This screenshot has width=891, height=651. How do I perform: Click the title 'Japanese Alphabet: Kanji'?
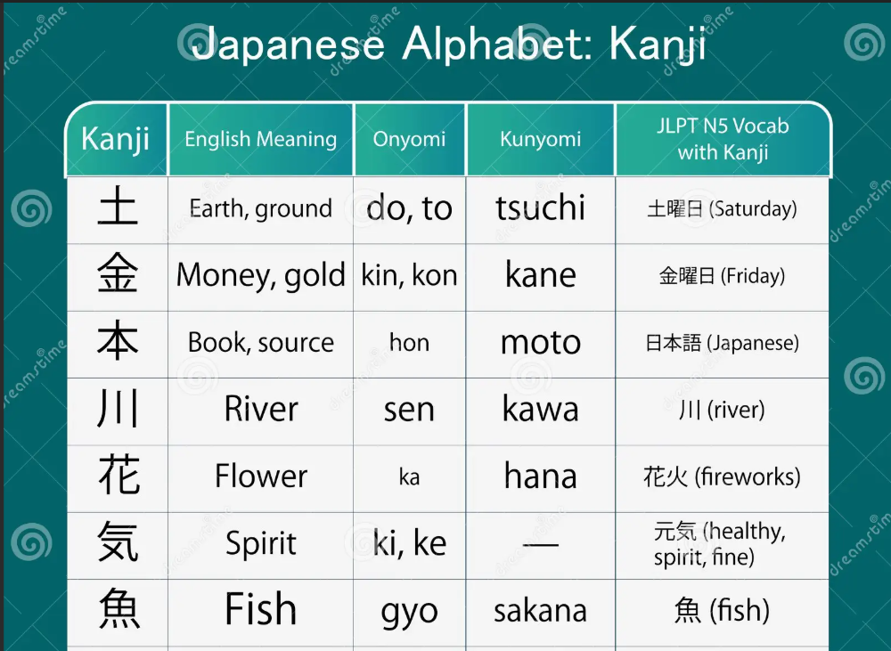tap(449, 43)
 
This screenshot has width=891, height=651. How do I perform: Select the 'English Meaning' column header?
tap(261, 139)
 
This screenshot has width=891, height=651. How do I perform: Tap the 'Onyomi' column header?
tap(409, 139)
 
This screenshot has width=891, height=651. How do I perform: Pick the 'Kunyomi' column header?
tap(541, 139)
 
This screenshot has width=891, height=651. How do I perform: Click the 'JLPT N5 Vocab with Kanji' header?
tap(723, 139)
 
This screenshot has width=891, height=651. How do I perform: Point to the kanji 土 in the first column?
tap(118, 207)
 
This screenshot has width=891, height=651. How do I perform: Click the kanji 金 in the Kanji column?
tap(118, 273)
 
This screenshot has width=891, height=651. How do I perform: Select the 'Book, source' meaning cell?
tap(261, 343)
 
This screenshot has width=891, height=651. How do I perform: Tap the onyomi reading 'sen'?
tap(409, 410)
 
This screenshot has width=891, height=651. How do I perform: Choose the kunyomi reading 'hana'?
tap(541, 476)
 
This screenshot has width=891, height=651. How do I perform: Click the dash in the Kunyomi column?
tap(541, 544)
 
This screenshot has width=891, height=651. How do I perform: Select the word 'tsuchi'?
tap(541, 207)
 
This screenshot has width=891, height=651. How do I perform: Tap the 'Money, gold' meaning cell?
tap(261, 275)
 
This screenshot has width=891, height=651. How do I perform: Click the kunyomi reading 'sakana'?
tap(541, 611)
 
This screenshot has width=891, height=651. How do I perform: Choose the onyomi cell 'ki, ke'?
tap(409, 542)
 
